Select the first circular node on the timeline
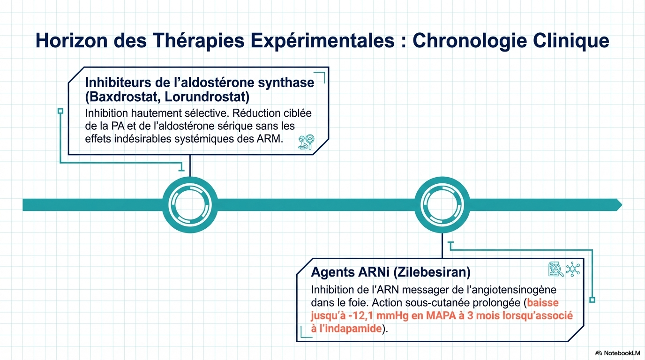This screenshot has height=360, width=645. coord(190,205)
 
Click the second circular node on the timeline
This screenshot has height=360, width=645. coord(442,205)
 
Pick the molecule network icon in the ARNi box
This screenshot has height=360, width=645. coord(573,269)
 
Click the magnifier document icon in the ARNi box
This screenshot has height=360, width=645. coord(556,269)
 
